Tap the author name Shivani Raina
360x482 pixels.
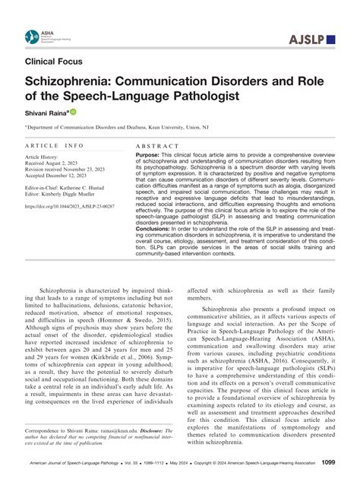coord(47,112)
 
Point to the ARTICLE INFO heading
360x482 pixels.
coord(52,144)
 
